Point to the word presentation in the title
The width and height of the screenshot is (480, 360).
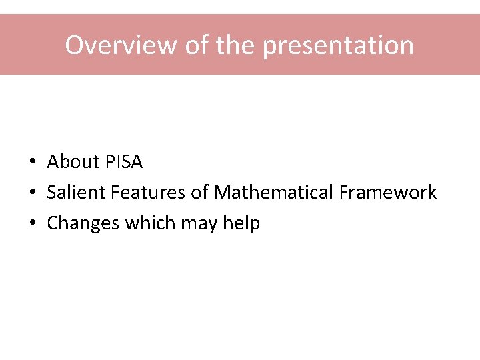pos(338,45)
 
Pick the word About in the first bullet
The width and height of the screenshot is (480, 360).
pos(73,162)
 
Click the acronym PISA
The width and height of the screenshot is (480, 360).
pos(124,162)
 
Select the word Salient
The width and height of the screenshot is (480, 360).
pos(76,193)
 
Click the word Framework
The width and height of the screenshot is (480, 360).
pos(387,193)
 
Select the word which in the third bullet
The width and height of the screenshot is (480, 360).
pos(147,223)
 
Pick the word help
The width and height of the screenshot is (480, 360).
pos(241,223)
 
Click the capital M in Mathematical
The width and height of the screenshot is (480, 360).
pos(223,193)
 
